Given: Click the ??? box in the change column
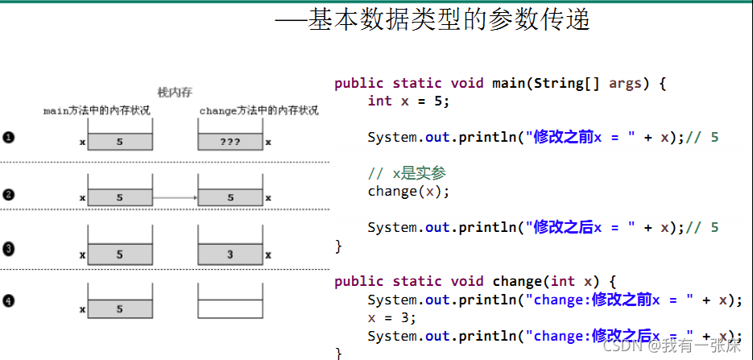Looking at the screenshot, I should tap(230, 142).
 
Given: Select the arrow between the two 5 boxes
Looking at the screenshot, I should tap(175, 197).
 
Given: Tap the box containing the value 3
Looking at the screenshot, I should tap(230, 254).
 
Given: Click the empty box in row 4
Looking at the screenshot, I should tap(230, 309).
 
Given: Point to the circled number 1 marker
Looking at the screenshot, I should tap(9, 139).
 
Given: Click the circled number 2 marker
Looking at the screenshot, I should tap(9, 194).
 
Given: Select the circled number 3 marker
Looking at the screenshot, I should tap(9, 249).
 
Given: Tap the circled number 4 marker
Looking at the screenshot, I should tap(9, 302).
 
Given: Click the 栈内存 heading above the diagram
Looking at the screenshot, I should tap(174, 93).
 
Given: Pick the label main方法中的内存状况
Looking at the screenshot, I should tap(97, 110).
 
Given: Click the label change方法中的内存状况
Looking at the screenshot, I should tap(259, 110).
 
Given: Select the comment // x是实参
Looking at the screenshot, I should tap(407, 173).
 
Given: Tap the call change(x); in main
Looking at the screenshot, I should tap(408, 191).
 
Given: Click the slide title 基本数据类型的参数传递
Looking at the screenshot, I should tap(449, 19).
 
